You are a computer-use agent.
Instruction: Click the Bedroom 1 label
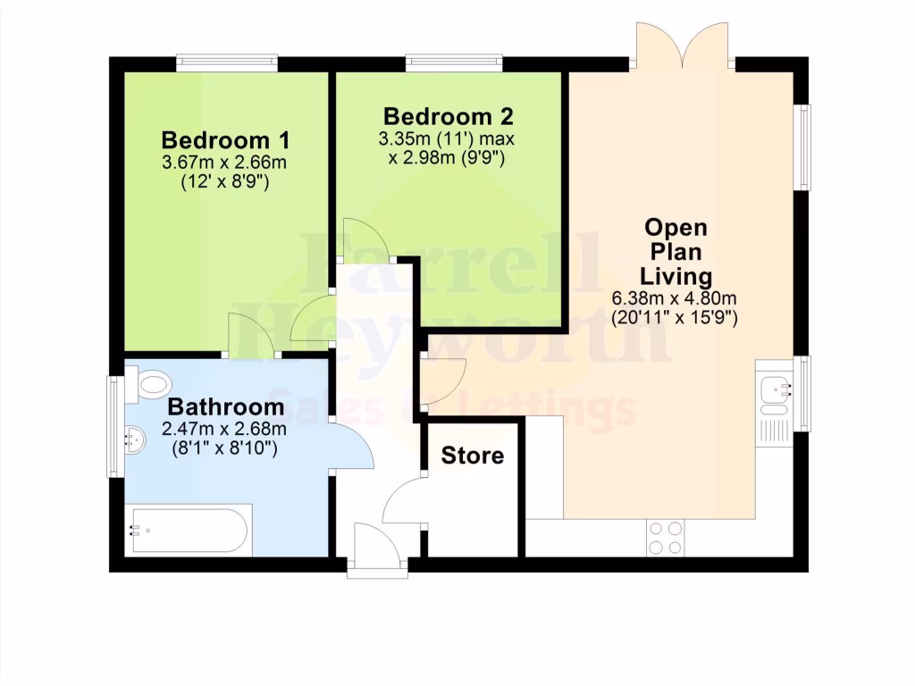[225, 140]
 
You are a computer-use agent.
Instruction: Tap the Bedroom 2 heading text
[448, 116]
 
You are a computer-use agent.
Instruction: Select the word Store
[473, 456]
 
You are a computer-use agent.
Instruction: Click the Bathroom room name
[226, 407]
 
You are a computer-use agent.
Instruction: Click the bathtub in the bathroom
[188, 531]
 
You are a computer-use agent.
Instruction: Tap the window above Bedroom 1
[226, 63]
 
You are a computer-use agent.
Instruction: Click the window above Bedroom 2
[454, 63]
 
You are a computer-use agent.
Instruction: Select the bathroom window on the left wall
[114, 426]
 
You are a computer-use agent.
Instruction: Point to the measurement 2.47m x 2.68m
[224, 430]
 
